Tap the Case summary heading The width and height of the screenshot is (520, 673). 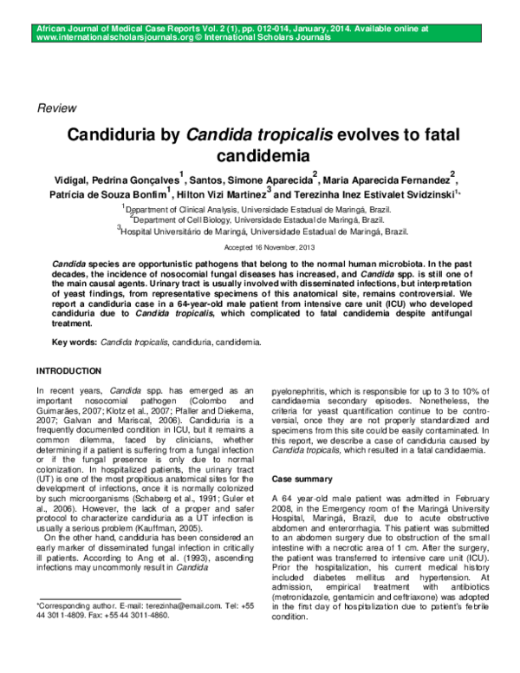pos(302,479)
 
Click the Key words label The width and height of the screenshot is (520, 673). pos(74,343)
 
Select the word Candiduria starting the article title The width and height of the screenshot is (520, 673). pos(120,136)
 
